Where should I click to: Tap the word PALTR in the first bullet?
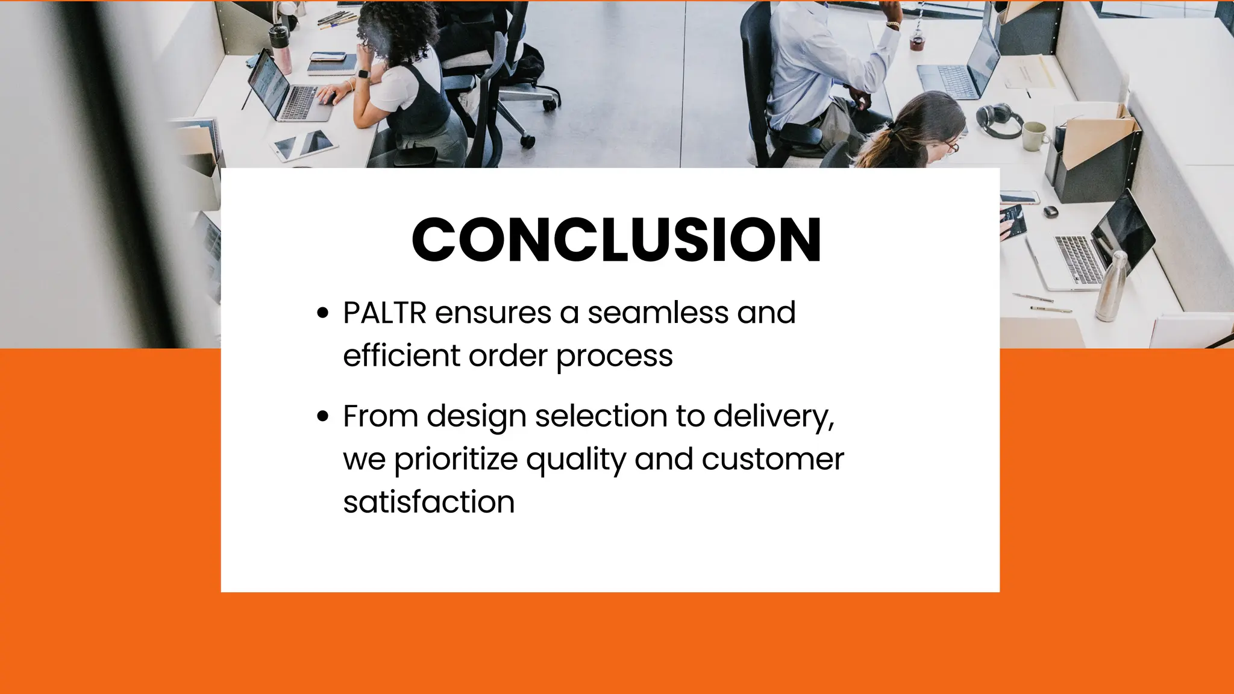tap(384, 313)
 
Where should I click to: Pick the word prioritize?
tap(456, 459)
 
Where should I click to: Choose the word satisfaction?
tap(428, 502)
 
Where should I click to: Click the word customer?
tap(772, 459)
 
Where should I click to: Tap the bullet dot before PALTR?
tap(323, 313)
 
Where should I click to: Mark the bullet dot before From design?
tap(323, 416)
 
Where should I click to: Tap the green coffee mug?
tap(1034, 136)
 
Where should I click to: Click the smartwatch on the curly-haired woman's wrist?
tap(363, 74)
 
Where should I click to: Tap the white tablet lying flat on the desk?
tap(303, 145)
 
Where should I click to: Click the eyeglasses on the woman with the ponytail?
tap(950, 146)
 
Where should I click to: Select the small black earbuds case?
tap(1050, 211)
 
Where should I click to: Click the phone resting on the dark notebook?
tap(328, 58)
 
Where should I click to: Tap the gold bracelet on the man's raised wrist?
tap(892, 25)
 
